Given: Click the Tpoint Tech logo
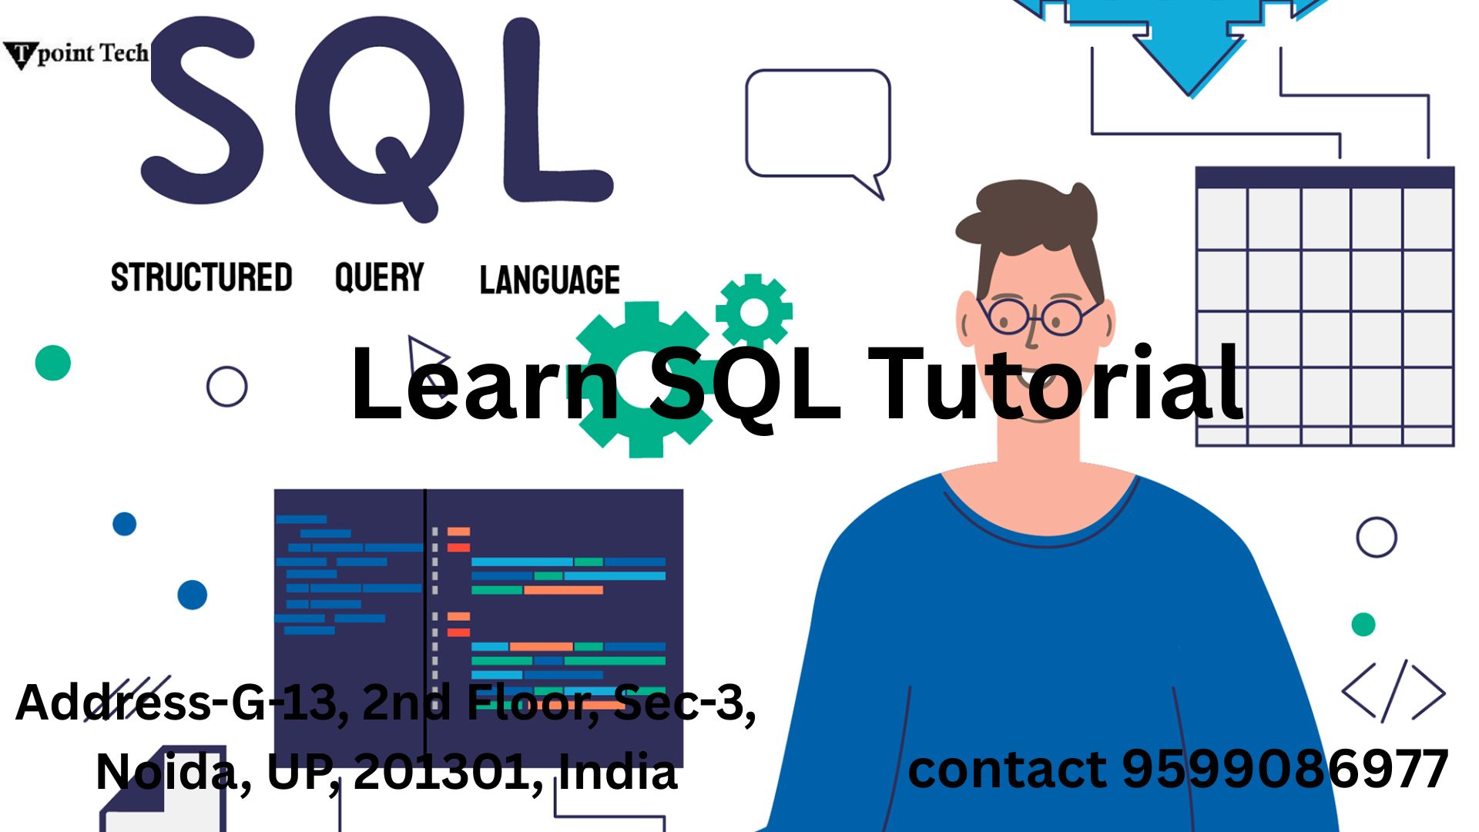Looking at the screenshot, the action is point(75,54).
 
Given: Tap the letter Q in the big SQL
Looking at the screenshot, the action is point(379,116).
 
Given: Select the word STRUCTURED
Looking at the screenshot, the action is point(202,277).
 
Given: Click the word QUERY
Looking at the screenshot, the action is point(379,277).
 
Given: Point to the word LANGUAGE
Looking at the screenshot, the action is point(550,280).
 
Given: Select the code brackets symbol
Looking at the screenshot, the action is point(1393,691).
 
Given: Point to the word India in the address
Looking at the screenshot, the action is point(618,771).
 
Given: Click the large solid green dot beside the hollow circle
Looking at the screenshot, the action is point(53,363).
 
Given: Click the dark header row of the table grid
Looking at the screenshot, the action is point(1325,177).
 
